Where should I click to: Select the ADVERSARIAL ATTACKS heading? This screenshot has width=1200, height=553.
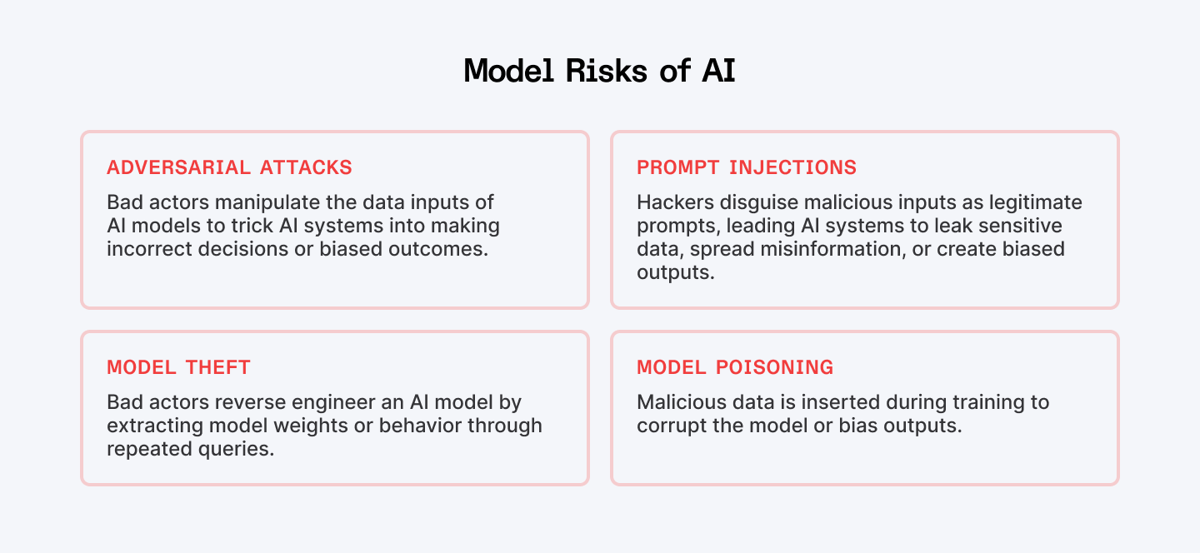[x=229, y=167]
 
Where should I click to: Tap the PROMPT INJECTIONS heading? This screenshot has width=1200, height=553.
[x=747, y=167]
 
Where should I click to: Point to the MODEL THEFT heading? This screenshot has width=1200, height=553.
[x=178, y=367]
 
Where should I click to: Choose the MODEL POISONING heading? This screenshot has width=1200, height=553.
[x=735, y=367]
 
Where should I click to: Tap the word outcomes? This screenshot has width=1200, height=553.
[x=443, y=248]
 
